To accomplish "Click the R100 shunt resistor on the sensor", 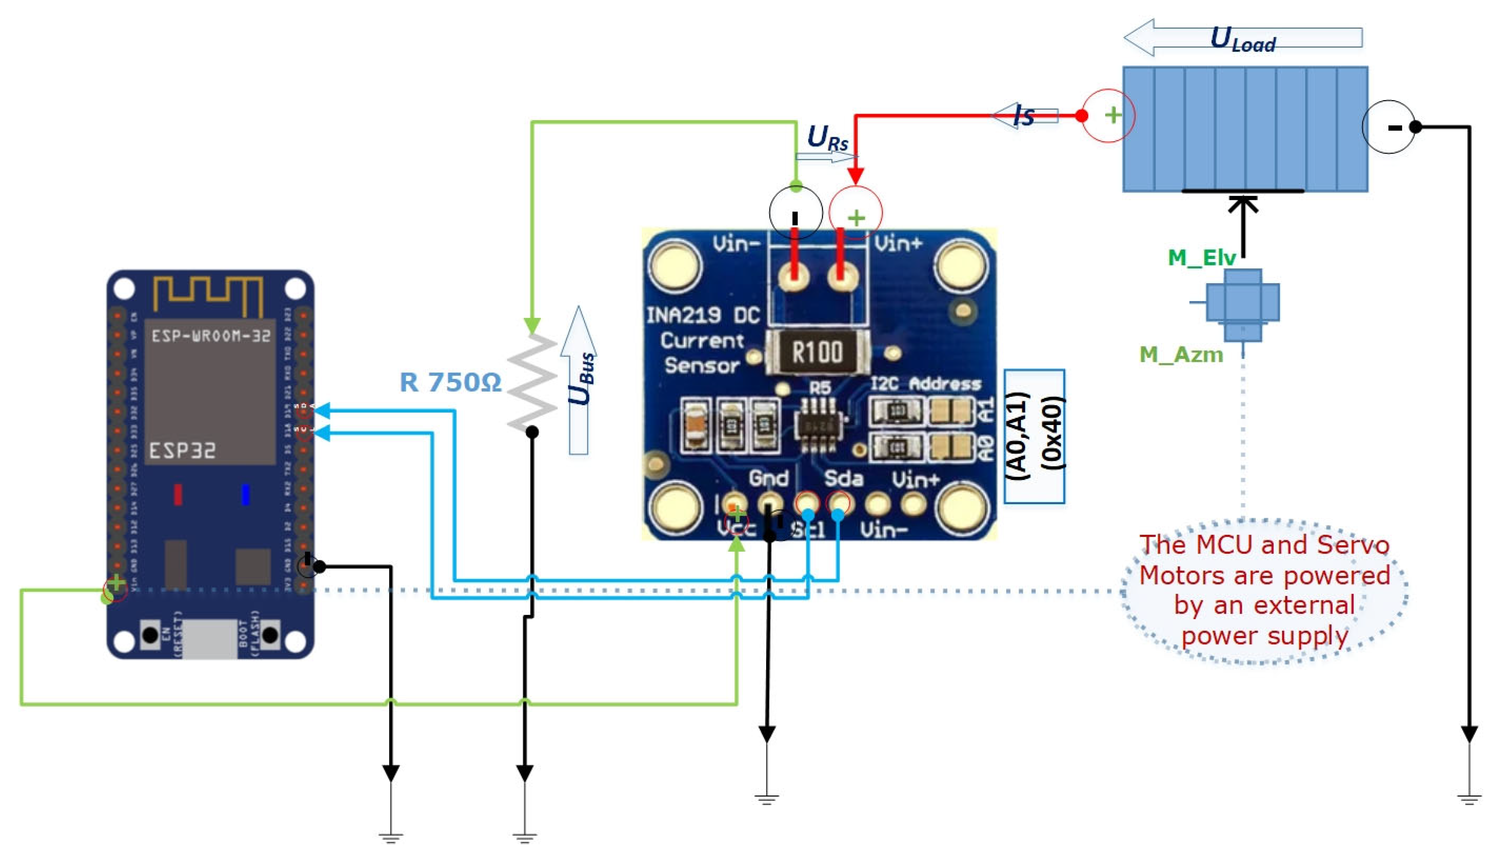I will tap(817, 352).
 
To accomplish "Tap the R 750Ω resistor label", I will tap(450, 382).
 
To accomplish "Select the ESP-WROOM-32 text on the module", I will tap(210, 336).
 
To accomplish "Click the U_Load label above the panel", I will tap(1242, 40).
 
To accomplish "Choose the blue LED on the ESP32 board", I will tap(245, 494).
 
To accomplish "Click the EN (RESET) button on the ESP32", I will tap(151, 635).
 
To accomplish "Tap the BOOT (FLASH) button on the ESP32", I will tap(270, 635).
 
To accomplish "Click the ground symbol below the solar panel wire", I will tap(1469, 799).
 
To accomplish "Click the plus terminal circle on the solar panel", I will tap(1109, 116).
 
